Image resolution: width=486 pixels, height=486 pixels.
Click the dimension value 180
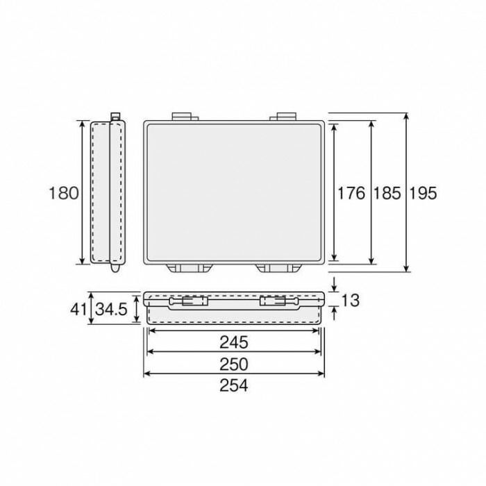64,193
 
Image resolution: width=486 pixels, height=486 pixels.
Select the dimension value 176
351,193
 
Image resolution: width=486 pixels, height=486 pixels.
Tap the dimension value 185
387,193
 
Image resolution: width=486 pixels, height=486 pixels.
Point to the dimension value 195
423,193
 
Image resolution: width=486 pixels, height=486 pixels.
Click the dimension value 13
350,300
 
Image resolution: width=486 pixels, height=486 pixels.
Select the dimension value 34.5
111,309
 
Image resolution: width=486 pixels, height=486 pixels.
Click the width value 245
234,342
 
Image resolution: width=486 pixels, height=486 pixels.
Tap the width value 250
234,364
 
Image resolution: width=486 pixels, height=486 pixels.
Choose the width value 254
234,385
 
